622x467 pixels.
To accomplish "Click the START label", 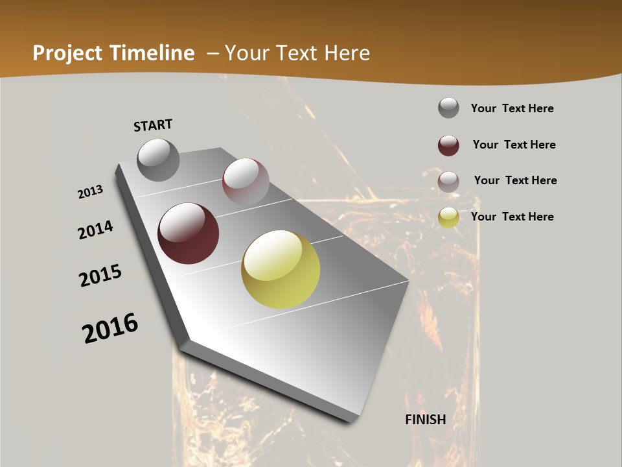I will [x=153, y=125].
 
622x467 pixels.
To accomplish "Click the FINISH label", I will [x=426, y=420].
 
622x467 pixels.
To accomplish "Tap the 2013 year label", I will [x=91, y=192].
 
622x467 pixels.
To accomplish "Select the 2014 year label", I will [x=95, y=230].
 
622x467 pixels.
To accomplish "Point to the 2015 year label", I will [x=100, y=276].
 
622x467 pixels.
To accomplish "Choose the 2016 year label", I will [x=110, y=328].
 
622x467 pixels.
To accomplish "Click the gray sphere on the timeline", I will [x=158, y=160].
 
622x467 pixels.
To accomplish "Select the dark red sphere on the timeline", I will [x=188, y=233].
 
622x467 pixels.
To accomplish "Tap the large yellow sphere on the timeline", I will [x=281, y=269].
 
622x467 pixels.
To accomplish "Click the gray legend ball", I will [x=448, y=108].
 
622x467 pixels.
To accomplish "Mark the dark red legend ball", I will [x=448, y=145].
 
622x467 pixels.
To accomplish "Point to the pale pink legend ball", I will [x=448, y=182].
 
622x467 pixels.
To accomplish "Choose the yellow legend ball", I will [x=448, y=217].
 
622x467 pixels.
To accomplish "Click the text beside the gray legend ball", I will [x=512, y=108].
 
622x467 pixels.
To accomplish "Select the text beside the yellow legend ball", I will [x=512, y=217].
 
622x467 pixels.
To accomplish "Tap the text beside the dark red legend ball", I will [x=514, y=145].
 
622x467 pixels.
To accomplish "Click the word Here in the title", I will [x=347, y=53].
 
